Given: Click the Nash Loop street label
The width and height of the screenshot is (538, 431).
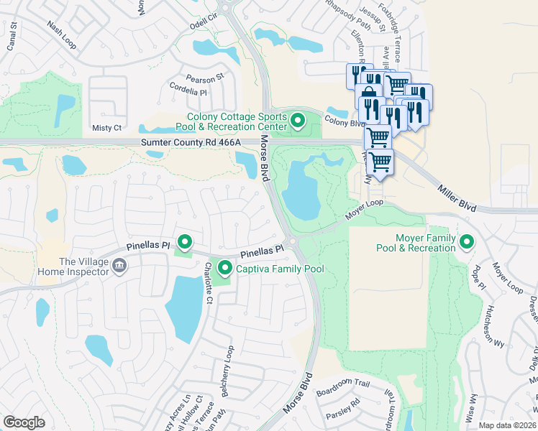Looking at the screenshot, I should pyautogui.click(x=61, y=34).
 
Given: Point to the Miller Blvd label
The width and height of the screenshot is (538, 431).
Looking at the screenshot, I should pyautogui.click(x=457, y=195).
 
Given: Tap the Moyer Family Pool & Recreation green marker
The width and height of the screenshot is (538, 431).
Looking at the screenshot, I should pyautogui.click(x=467, y=243).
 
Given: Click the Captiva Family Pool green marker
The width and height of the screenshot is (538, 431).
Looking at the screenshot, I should pyautogui.click(x=224, y=269).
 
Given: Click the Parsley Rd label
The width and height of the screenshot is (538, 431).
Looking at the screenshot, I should pyautogui.click(x=345, y=411).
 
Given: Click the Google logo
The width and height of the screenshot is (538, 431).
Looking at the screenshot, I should pyautogui.click(x=24, y=422).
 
